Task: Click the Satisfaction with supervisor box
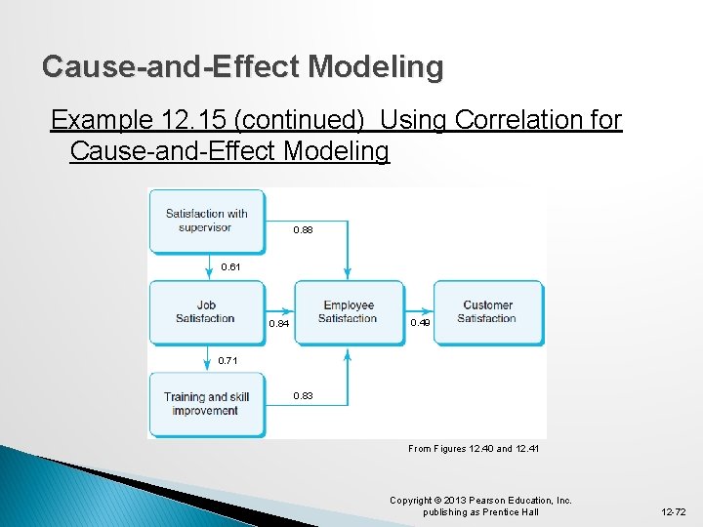point(206,221)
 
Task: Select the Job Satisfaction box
point(206,312)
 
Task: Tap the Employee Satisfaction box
point(348,312)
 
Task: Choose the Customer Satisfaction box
point(487,312)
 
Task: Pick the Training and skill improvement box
point(206,404)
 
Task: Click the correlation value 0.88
point(305,232)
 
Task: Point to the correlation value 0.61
point(230,266)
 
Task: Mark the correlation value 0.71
point(227,361)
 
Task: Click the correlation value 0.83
point(304,396)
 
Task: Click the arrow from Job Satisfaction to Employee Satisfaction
point(279,312)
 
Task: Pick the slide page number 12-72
point(673,511)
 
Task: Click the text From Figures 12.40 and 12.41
point(473,449)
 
